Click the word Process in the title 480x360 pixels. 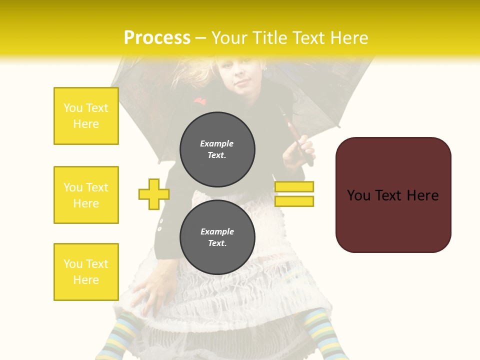point(157,38)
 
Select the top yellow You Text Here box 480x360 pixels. point(86,116)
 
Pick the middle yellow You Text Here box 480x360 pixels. point(86,195)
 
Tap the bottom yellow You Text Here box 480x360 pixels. point(86,272)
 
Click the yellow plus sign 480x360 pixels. point(154,194)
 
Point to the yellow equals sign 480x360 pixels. point(294,194)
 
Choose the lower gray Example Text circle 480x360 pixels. point(217,237)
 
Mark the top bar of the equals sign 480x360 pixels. point(294,187)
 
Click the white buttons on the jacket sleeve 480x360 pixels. point(160,224)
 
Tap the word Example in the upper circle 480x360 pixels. point(216,143)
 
